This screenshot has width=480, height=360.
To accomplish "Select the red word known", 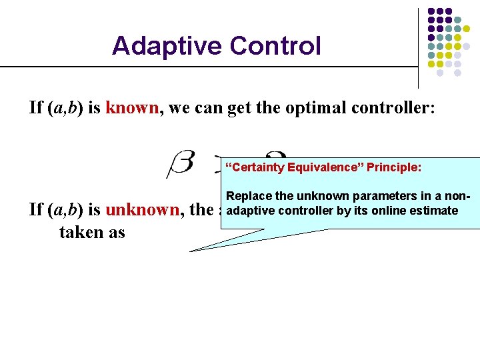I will click(132, 107).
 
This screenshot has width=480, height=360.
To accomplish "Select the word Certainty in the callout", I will click(257, 167).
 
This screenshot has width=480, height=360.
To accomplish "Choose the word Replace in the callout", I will click(247, 197).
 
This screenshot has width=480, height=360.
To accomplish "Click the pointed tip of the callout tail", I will click(191, 251).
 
